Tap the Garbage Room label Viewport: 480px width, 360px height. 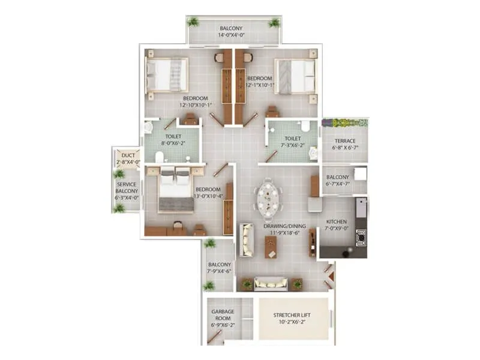click(222, 315)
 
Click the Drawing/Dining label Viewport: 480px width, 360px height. click(285, 226)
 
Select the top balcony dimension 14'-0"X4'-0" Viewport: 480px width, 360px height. click(231, 35)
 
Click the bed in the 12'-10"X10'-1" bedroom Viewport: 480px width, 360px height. click(168, 75)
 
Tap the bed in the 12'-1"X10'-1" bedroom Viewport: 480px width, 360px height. click(295, 76)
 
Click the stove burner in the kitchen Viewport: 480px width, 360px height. click(361, 238)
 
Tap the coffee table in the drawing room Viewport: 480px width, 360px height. click(271, 247)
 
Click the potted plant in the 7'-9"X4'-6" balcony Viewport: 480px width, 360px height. click(209, 243)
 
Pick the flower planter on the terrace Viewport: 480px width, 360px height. click(344, 122)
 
